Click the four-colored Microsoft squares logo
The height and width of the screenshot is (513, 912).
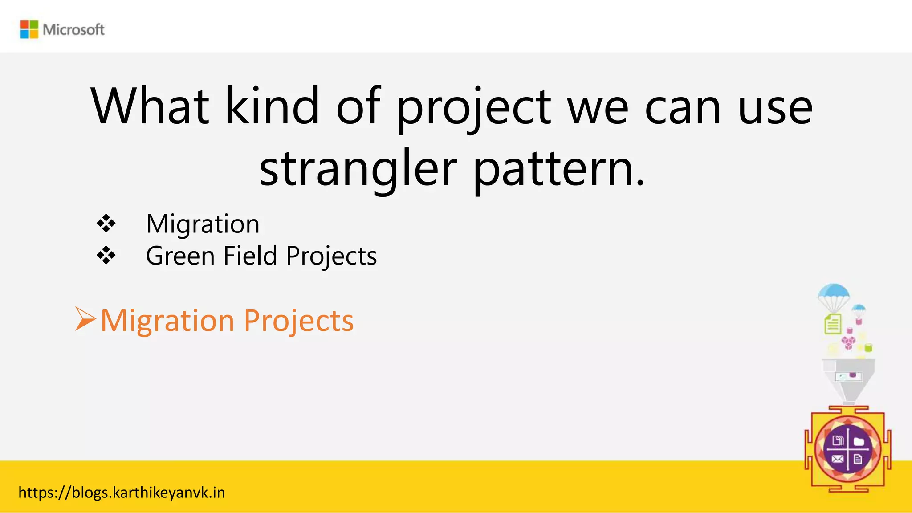tap(29, 29)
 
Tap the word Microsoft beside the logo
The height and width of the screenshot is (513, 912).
tap(73, 30)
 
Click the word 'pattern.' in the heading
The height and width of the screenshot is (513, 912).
tap(559, 169)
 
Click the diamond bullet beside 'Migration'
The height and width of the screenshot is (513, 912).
tap(106, 224)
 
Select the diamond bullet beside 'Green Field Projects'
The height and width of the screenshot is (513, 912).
tap(106, 256)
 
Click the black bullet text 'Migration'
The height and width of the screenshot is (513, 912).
tap(203, 224)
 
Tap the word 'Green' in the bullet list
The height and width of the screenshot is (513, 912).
tap(180, 256)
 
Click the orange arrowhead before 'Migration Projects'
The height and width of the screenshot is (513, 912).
tap(85, 319)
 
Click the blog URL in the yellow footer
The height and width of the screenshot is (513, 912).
tap(122, 493)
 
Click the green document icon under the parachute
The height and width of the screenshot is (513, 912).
tap(833, 324)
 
